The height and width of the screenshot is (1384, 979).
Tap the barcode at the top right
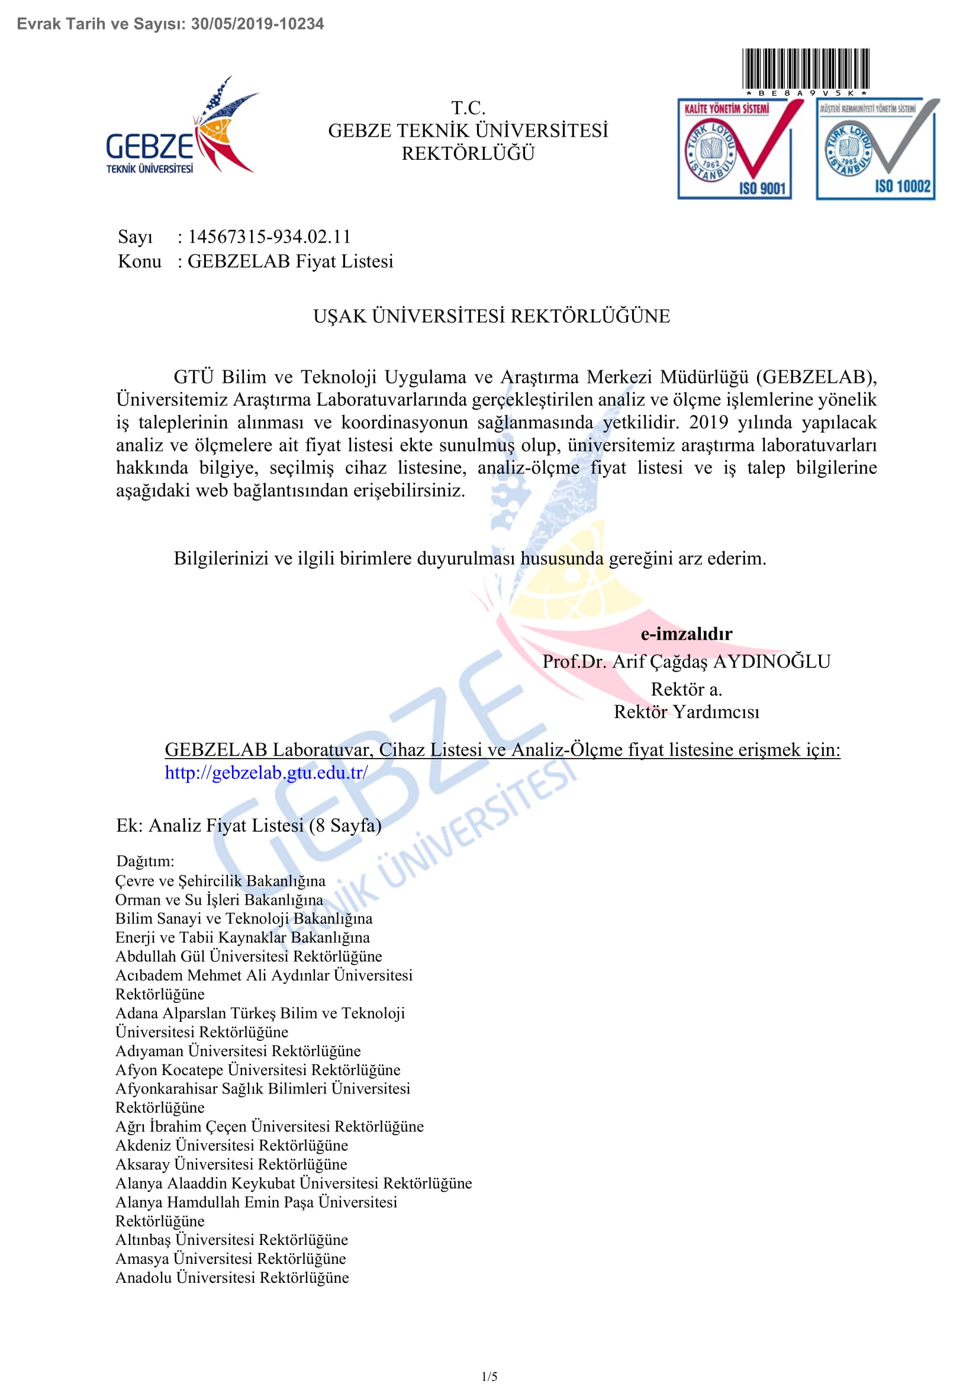coord(806,69)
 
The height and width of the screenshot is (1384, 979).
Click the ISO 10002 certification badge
coord(877,149)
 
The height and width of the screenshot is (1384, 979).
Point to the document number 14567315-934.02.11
coord(269,236)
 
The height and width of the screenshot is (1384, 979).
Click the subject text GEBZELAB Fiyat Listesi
coord(290,261)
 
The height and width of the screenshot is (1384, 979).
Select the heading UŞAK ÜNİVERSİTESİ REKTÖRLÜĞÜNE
coord(491,316)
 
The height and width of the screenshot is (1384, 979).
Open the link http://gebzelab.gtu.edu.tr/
coord(266,772)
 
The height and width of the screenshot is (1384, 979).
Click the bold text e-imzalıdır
coord(686,634)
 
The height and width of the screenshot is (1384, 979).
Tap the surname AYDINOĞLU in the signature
coord(772,662)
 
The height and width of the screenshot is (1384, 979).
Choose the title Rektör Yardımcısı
coord(686,712)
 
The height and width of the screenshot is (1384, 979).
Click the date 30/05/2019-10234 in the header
coord(257,24)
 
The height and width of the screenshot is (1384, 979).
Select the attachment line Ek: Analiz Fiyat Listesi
coord(249,825)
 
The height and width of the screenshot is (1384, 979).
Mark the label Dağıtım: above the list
coord(145,861)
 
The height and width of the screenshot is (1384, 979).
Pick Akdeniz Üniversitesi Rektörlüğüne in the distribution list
coord(231,1146)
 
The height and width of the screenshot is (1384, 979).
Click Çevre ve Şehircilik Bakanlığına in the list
coord(220,880)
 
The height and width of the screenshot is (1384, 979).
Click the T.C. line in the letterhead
coord(468,108)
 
